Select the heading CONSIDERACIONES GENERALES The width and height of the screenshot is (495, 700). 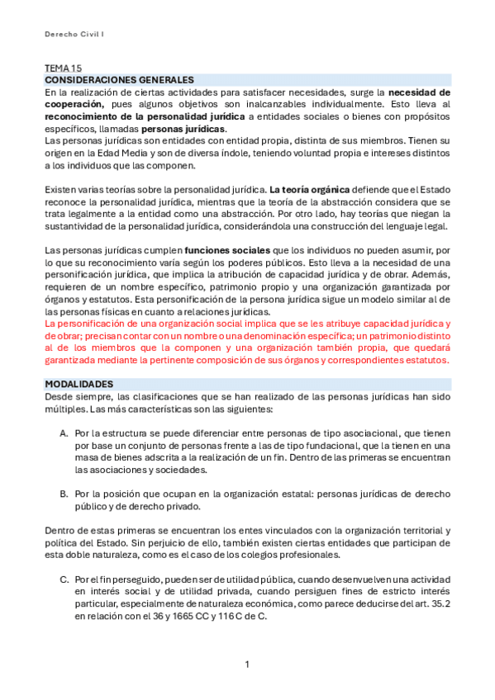coord(118,79)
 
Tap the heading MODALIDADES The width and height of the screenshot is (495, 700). coord(79,385)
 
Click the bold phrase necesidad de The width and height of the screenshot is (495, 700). coord(419,92)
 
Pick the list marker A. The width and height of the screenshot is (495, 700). coord(64,433)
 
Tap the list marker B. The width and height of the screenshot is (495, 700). coord(64,494)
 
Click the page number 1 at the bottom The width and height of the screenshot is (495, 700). coord(247,665)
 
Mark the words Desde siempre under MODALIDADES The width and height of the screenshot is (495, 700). coord(76,397)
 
